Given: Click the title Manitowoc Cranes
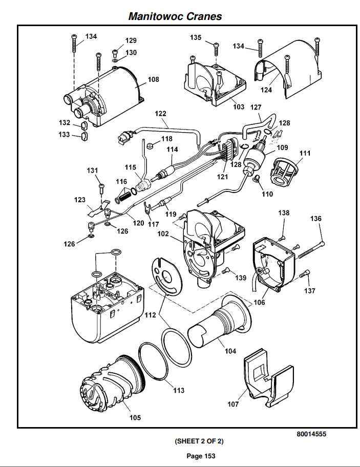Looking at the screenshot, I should (175, 16).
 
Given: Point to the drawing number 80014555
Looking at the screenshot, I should (311, 434).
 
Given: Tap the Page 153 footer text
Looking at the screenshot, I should (201, 456).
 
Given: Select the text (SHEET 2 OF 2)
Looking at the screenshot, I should (199, 441).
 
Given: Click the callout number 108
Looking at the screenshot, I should (153, 79).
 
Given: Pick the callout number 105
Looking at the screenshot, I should (135, 417).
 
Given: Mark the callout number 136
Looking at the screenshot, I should (316, 219).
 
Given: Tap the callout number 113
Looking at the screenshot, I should (178, 390).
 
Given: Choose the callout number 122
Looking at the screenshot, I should (161, 113).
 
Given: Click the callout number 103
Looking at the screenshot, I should (239, 107).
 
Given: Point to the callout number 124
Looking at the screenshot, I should (280, 90).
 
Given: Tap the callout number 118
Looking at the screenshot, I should (167, 139).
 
